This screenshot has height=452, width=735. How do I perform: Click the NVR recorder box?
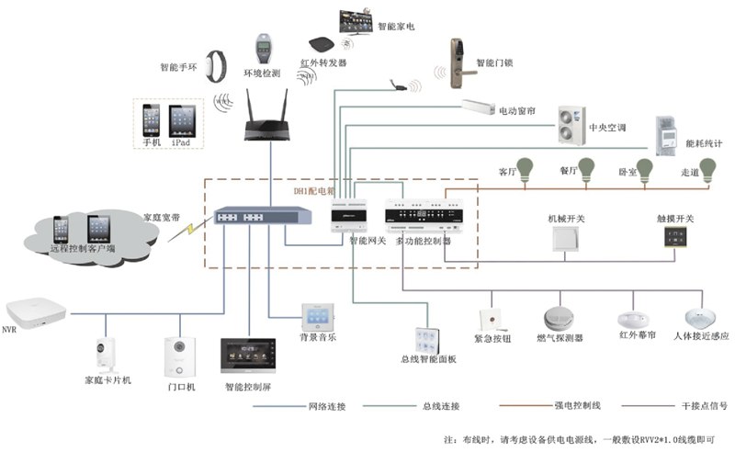[x=36, y=310]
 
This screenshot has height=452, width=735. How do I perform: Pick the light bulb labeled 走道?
[x=707, y=169]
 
